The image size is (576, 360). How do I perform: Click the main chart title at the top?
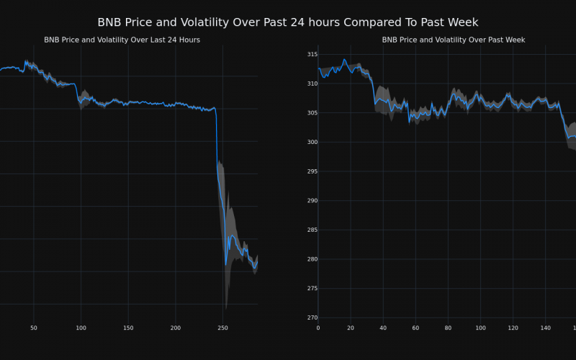[x=288, y=22]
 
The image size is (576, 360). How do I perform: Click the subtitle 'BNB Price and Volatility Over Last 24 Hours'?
[x=122, y=40]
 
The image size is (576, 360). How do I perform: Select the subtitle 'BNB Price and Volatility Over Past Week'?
[x=453, y=40]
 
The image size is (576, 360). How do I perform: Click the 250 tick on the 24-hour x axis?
[x=222, y=328]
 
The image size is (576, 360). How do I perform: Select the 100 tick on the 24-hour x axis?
[x=81, y=328]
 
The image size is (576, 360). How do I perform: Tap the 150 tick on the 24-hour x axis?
[x=128, y=328]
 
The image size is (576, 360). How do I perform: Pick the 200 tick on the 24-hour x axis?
[x=176, y=328]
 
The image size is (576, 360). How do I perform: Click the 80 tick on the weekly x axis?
[x=448, y=328]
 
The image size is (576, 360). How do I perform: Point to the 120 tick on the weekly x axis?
[x=513, y=328]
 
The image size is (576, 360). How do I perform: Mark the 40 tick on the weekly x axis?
[x=383, y=328]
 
